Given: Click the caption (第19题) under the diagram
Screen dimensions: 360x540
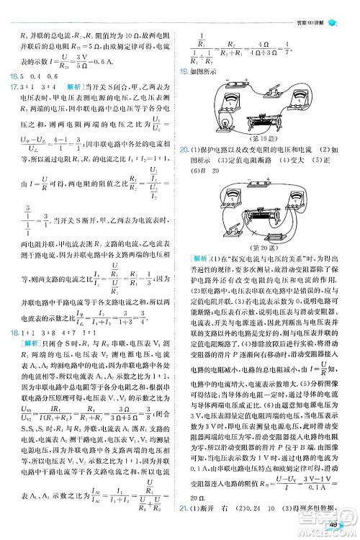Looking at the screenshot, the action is coord(264,137).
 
